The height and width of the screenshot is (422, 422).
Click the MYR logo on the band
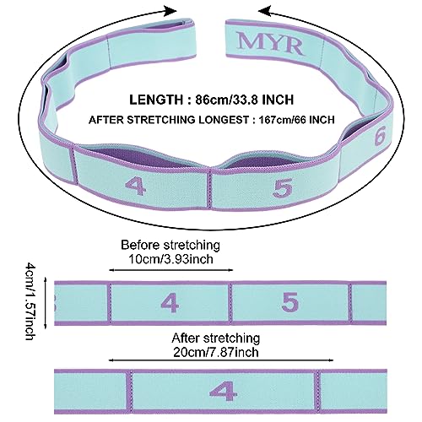270,44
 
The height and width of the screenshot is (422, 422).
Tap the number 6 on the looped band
380,135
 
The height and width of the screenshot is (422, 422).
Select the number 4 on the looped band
135,186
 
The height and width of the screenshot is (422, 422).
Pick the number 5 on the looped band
283,187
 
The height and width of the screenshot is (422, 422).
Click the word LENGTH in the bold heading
156,100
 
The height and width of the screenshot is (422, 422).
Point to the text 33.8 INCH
262,100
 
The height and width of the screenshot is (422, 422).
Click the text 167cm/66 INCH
297,120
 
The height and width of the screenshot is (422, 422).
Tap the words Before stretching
170,245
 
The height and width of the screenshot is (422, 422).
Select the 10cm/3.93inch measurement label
170,259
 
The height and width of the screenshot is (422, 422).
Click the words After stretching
216,338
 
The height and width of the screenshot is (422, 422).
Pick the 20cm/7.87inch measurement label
216,352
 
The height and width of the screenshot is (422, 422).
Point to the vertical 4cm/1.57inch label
30,301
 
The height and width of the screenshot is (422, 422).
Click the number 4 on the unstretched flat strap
170,303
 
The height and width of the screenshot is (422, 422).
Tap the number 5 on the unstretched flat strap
290,301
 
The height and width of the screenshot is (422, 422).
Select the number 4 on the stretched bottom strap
224,391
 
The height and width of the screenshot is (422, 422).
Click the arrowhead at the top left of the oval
170,11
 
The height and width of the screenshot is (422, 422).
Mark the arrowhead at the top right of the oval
264,11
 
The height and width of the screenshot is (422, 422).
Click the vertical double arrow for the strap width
46,303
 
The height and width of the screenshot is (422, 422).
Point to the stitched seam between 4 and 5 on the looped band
210,189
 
